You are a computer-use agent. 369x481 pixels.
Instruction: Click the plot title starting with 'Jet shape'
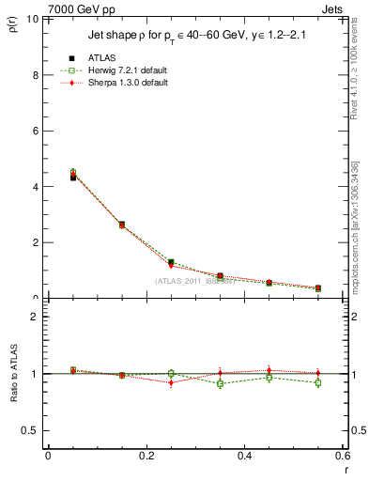pyautogui.click(x=197, y=35)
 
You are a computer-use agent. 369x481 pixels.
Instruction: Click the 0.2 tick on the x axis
pyautogui.click(x=146, y=456)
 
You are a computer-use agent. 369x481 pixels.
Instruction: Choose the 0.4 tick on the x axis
pyautogui.click(x=245, y=456)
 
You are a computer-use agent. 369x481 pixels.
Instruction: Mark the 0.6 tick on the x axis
pyautogui.click(x=343, y=456)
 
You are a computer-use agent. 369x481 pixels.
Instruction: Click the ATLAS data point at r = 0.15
pyautogui.click(x=122, y=225)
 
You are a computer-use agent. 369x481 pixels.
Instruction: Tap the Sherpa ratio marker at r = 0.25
pyautogui.click(x=171, y=382)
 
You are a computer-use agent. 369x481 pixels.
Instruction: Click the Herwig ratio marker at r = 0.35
pyautogui.click(x=220, y=383)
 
